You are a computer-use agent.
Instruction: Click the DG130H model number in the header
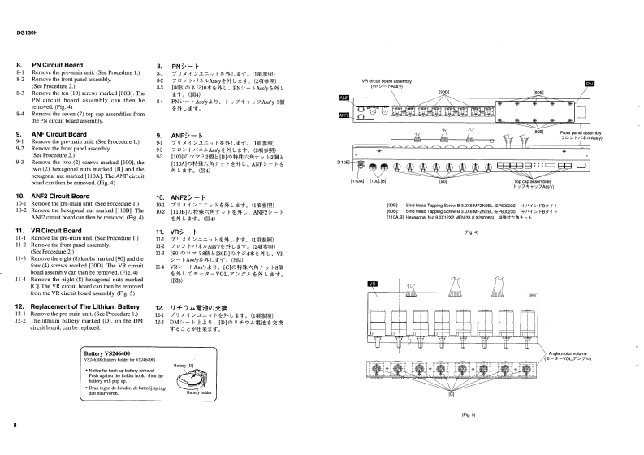click(27, 33)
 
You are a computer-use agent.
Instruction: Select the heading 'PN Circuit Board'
click(58, 65)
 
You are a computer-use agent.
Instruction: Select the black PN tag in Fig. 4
click(590, 84)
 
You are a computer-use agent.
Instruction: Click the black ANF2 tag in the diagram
click(344, 115)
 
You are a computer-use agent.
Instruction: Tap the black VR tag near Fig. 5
click(374, 284)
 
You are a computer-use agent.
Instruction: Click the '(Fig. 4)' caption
click(471, 232)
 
